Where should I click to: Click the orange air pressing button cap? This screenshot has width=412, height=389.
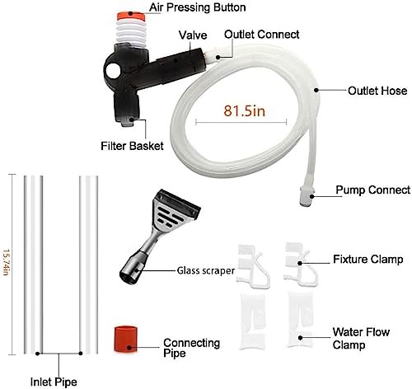coord(131,16)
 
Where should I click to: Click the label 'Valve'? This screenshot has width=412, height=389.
coord(193,35)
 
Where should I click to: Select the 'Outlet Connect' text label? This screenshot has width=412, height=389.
coord(261,35)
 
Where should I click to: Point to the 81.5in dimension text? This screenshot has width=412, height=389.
coord(244,110)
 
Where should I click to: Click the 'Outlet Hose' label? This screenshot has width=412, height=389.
coord(377,91)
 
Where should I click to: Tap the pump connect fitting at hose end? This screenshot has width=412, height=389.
coord(307,196)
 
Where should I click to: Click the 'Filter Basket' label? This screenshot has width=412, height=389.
coord(132,146)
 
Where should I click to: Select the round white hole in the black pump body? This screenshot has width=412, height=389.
coord(112,71)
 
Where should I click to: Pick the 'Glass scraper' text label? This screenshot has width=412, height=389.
coord(206,270)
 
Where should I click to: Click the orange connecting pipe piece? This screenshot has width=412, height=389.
coord(125,339)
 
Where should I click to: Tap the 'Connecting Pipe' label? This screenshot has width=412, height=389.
coord(191,348)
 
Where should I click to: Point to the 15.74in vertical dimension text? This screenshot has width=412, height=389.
coord(6,262)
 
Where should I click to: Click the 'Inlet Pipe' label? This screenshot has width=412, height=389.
coord(54,382)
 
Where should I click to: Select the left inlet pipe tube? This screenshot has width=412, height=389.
coord(33,265)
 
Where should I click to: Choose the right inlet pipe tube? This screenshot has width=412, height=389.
coord(88,265)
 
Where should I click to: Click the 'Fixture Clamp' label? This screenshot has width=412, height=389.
coord(368,259)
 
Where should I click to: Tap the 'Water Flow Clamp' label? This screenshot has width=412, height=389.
coord(361,338)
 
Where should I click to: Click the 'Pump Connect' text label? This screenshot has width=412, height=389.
coord(373,190)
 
